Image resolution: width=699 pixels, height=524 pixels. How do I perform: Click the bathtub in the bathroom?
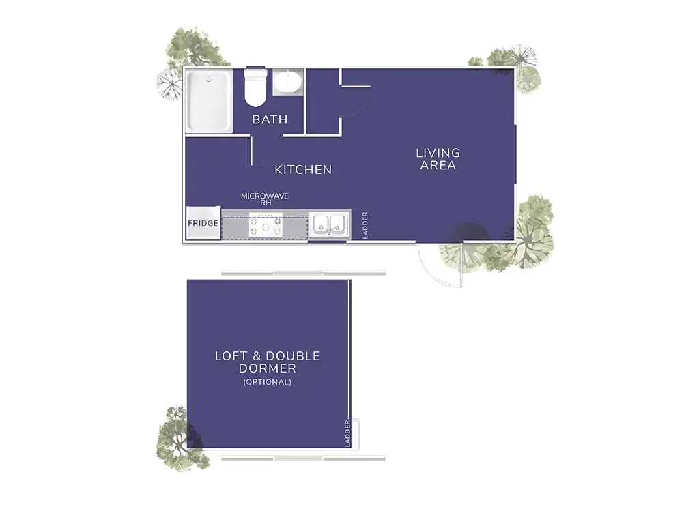point(209,102)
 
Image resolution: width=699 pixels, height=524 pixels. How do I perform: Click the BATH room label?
point(270,119)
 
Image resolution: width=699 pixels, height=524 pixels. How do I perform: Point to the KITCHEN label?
point(303,169)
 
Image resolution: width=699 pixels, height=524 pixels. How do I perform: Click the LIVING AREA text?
point(438,159)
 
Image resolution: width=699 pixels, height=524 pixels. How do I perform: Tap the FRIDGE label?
point(203,223)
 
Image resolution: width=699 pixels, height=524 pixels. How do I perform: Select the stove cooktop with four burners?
point(266,224)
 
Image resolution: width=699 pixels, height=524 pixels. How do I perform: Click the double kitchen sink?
point(328,224)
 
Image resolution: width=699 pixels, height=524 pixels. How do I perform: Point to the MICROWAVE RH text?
point(265,199)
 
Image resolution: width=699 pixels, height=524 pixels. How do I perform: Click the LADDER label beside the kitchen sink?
point(365,224)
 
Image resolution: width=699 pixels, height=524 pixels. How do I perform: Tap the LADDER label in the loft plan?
point(347,433)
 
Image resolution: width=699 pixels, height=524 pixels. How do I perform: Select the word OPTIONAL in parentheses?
point(267,382)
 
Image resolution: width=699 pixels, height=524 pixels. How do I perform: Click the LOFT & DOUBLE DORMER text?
point(267,362)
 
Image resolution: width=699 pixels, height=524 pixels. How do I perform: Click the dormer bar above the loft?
point(303,273)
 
